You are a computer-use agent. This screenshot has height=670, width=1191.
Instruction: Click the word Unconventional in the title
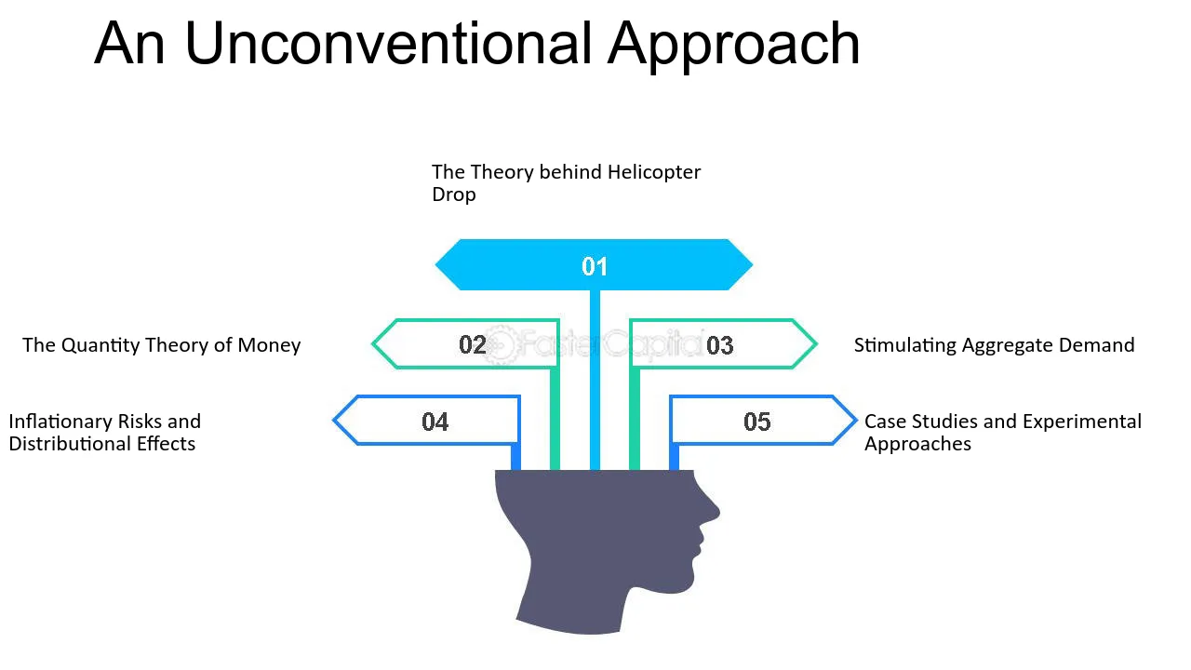[388, 43]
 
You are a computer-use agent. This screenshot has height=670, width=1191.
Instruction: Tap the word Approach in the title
[734, 47]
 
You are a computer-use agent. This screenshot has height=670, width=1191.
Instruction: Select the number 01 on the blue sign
[595, 266]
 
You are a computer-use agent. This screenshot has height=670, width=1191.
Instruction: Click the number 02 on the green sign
[473, 345]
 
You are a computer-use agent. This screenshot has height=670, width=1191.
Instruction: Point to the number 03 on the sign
[720, 345]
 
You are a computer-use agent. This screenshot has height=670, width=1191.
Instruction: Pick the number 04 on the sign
[435, 422]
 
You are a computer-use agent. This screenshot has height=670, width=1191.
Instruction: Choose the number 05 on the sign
[757, 422]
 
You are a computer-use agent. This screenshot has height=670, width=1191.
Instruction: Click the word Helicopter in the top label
[654, 173]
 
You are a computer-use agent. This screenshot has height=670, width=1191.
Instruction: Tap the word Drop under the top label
[453, 194]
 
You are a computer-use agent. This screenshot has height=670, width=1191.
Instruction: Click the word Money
[269, 345]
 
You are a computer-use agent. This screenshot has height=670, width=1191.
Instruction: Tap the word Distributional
[70, 444]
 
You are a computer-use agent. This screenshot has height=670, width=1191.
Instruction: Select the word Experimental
[1081, 422]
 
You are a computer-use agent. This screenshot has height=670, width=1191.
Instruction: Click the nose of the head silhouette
[714, 512]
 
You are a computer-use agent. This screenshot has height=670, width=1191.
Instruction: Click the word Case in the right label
[883, 422]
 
